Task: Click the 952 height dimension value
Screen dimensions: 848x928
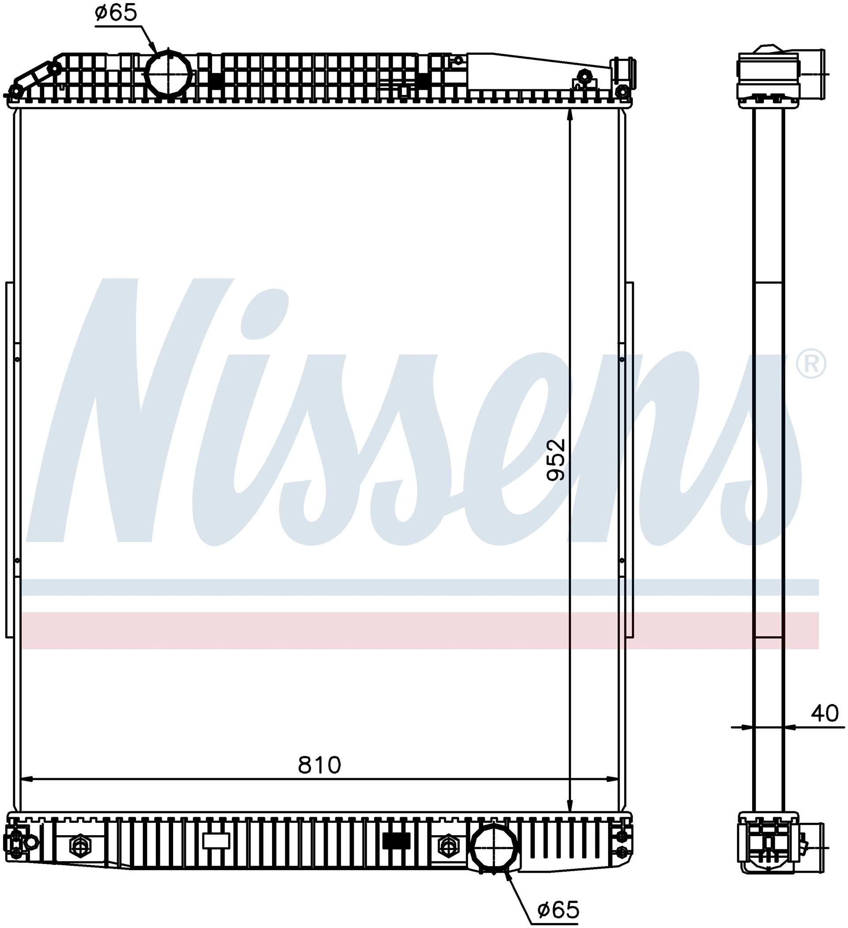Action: (x=555, y=460)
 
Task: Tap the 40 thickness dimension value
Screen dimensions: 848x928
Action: (x=825, y=714)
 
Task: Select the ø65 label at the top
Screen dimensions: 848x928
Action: (x=116, y=13)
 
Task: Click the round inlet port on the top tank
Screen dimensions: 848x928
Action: (x=168, y=74)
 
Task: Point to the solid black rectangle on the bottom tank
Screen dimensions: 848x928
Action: (x=396, y=841)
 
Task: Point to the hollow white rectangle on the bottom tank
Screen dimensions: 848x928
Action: (x=216, y=841)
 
